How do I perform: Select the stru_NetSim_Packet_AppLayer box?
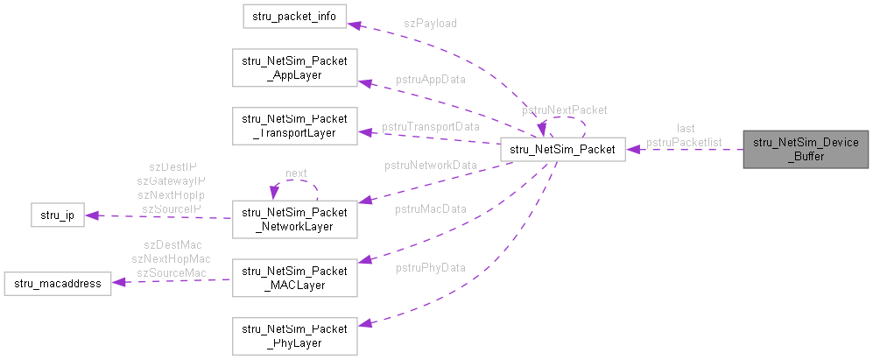point(294,68)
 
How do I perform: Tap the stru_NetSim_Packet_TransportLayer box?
point(294,125)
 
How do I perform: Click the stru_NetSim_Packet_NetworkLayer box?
point(294,218)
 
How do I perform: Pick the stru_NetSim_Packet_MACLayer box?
point(294,275)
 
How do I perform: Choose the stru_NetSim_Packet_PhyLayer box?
point(294,336)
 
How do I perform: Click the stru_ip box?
point(57,215)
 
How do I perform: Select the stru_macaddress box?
point(57,283)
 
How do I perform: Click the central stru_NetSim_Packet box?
point(562,150)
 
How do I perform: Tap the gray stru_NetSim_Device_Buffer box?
point(806,150)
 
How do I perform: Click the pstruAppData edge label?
point(430,79)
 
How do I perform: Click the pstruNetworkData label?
point(430,165)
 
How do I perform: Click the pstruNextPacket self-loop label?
point(564,110)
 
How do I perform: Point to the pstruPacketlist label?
point(684,141)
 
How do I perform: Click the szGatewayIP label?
point(171,180)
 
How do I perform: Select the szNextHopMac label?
point(171,259)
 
